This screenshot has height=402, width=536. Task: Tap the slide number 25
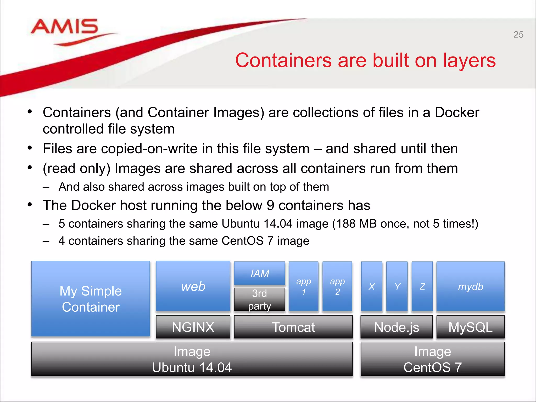click(x=518, y=35)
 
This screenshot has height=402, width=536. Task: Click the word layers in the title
click(x=469, y=60)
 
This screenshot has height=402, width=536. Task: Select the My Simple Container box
click(x=91, y=299)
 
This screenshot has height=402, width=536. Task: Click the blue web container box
click(x=193, y=286)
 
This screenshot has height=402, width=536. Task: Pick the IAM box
click(x=260, y=273)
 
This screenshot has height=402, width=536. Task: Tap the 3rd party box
click(x=260, y=299)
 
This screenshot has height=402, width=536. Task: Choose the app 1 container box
click(x=304, y=286)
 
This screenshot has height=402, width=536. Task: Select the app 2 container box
click(x=337, y=286)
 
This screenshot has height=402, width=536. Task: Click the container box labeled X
click(x=372, y=286)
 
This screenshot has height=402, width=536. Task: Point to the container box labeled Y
click(x=397, y=286)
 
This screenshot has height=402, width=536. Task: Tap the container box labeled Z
click(x=422, y=286)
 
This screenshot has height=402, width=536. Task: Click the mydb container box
click(x=470, y=286)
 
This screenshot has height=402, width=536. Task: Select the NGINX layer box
click(x=193, y=327)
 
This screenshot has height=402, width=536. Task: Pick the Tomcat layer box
click(x=293, y=327)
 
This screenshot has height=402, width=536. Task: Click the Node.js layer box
click(x=397, y=327)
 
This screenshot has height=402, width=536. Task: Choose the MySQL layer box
click(x=470, y=327)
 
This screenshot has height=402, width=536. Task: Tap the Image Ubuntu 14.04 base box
click(x=192, y=359)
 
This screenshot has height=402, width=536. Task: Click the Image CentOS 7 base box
click(x=432, y=359)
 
